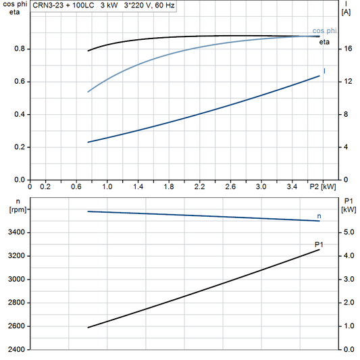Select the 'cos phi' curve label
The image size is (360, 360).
(x=325, y=31)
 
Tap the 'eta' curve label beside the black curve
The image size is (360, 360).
(x=324, y=42)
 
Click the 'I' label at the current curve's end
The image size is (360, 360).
(x=325, y=71)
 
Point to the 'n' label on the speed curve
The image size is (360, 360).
(x=319, y=215)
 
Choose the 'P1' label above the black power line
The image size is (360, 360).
(x=319, y=244)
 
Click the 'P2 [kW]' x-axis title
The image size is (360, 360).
(x=322, y=186)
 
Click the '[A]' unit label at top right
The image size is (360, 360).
(x=346, y=11)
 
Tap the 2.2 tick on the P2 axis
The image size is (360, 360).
(x=199, y=186)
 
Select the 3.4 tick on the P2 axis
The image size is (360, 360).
(x=292, y=186)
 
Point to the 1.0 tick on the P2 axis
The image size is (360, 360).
(x=107, y=186)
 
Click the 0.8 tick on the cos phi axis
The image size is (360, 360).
(x=19, y=49)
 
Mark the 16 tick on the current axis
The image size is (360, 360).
(x=347, y=49)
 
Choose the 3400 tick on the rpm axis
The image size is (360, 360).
(x=16, y=232)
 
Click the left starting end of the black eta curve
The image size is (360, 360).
(x=88, y=51)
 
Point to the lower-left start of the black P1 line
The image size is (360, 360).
(x=88, y=328)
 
